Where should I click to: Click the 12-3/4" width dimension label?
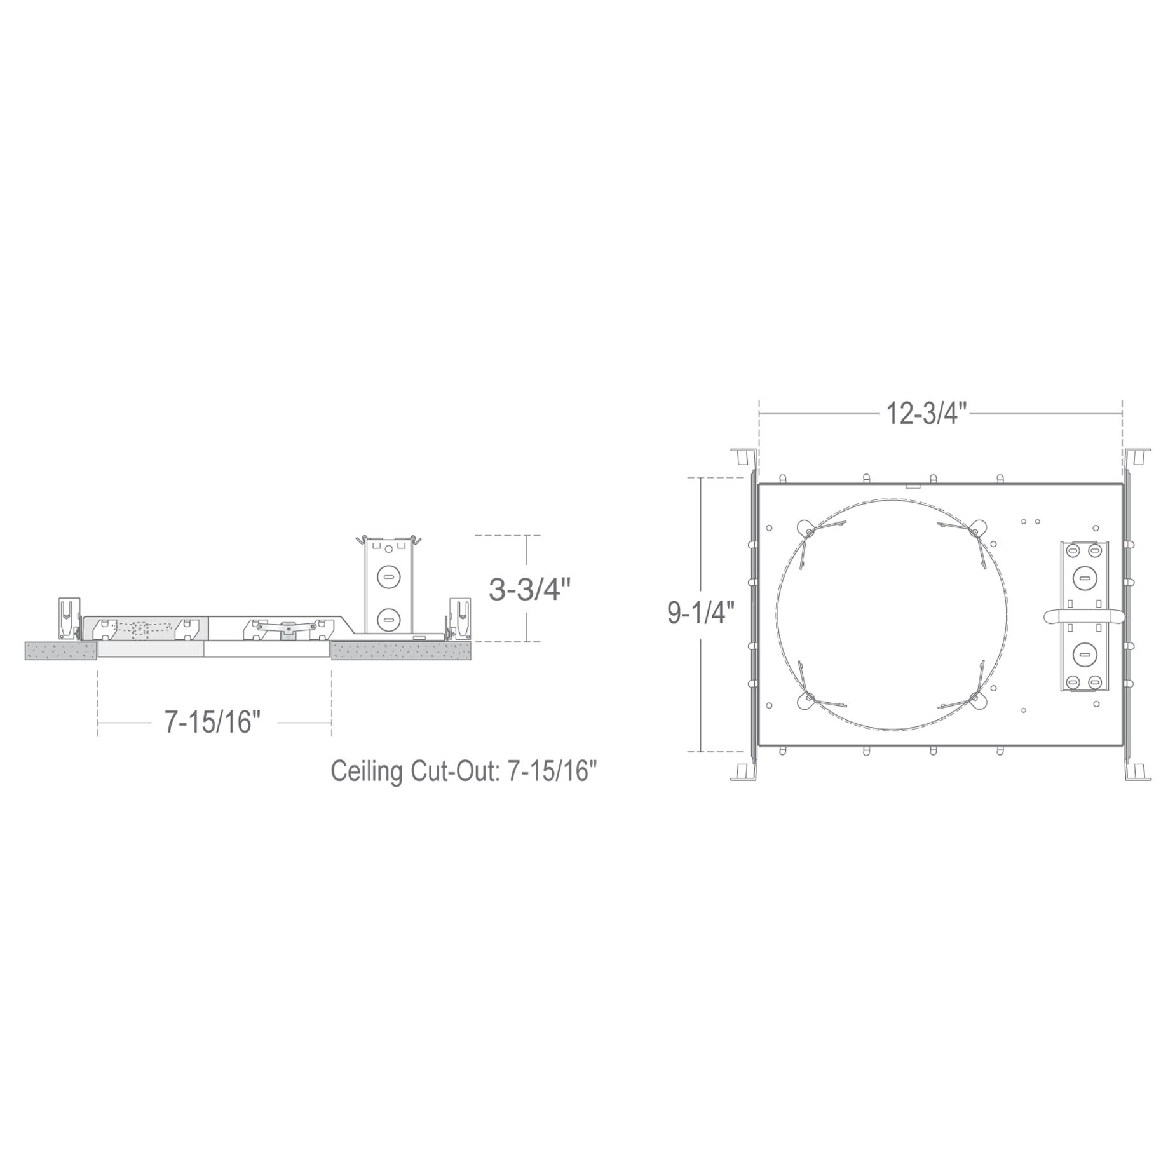[926, 415]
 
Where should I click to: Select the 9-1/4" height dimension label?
[700, 613]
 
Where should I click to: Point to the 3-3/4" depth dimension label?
[526, 590]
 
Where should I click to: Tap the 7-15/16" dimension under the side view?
[213, 722]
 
